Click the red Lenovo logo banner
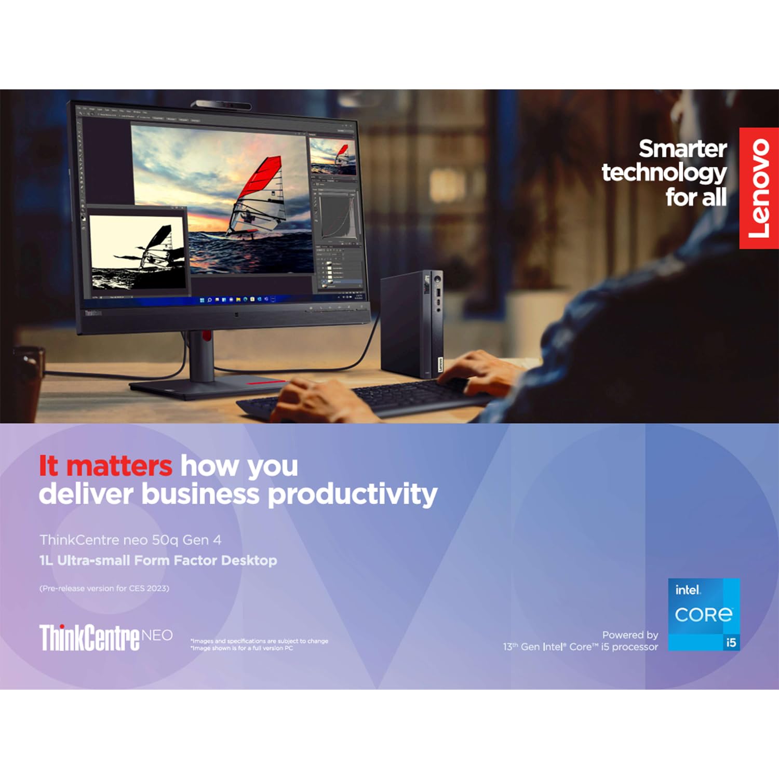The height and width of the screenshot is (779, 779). tap(759, 188)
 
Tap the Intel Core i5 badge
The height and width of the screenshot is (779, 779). tap(704, 614)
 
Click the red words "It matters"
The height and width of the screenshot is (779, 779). tap(105, 465)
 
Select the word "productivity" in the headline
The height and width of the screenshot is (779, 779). tap(353, 494)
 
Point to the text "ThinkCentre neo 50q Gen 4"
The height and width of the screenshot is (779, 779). tap(130, 540)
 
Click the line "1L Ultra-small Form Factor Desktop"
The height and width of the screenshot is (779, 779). tap(158, 560)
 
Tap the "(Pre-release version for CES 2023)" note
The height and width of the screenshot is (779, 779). tap(104, 588)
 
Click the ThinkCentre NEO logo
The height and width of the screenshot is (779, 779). tap(106, 637)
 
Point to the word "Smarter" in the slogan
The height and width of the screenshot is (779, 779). tap(682, 149)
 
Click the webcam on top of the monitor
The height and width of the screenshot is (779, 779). tap(221, 105)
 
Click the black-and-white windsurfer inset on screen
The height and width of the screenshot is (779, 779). tap(137, 252)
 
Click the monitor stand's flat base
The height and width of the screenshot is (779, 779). tap(208, 387)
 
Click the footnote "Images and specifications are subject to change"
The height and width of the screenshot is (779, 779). tap(260, 641)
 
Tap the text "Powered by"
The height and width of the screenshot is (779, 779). tap(630, 635)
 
